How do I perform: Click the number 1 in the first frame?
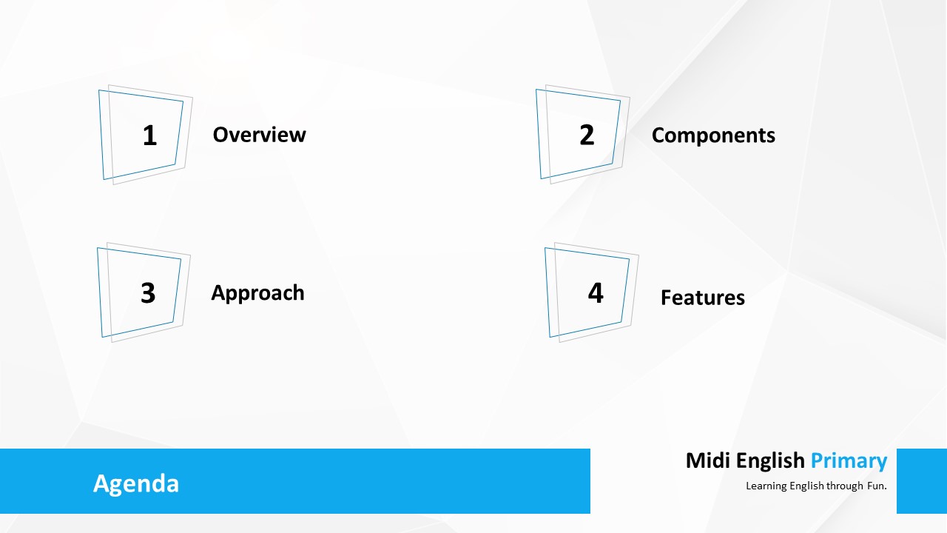click(x=149, y=135)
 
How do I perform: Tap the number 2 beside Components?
click(x=587, y=135)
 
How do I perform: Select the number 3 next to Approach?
click(x=148, y=292)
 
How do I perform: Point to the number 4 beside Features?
click(x=596, y=292)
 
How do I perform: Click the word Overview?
click(x=259, y=135)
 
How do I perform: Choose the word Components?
click(x=713, y=135)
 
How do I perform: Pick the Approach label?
click(x=257, y=293)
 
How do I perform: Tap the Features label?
click(x=703, y=298)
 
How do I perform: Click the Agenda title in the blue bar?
click(x=136, y=484)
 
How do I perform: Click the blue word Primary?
click(x=849, y=461)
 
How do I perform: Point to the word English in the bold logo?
click(x=770, y=461)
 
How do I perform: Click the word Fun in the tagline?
click(x=877, y=486)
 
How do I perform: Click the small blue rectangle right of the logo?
click(x=922, y=481)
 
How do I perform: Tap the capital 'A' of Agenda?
click(x=101, y=483)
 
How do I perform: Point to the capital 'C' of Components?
click(x=658, y=135)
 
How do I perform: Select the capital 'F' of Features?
click(x=667, y=298)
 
